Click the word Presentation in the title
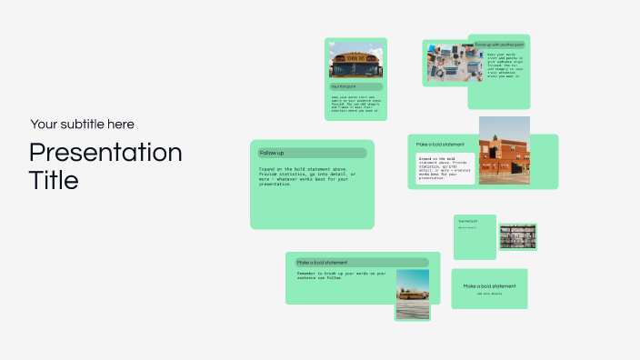[105, 152]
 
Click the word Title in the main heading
[54, 180]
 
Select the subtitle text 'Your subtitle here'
[82, 125]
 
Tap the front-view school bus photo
[355, 62]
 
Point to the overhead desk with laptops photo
[445, 62]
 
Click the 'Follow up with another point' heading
[499, 44]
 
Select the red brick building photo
[505, 151]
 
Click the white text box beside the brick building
[441, 169]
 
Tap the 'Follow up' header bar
[312, 153]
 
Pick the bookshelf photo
[517, 237]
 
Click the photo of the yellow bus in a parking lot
[412, 294]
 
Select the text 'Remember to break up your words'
[342, 274]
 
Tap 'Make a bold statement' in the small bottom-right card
[489, 286]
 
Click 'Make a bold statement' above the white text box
[441, 144]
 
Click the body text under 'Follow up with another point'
[498, 65]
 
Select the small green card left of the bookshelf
[475, 236]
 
